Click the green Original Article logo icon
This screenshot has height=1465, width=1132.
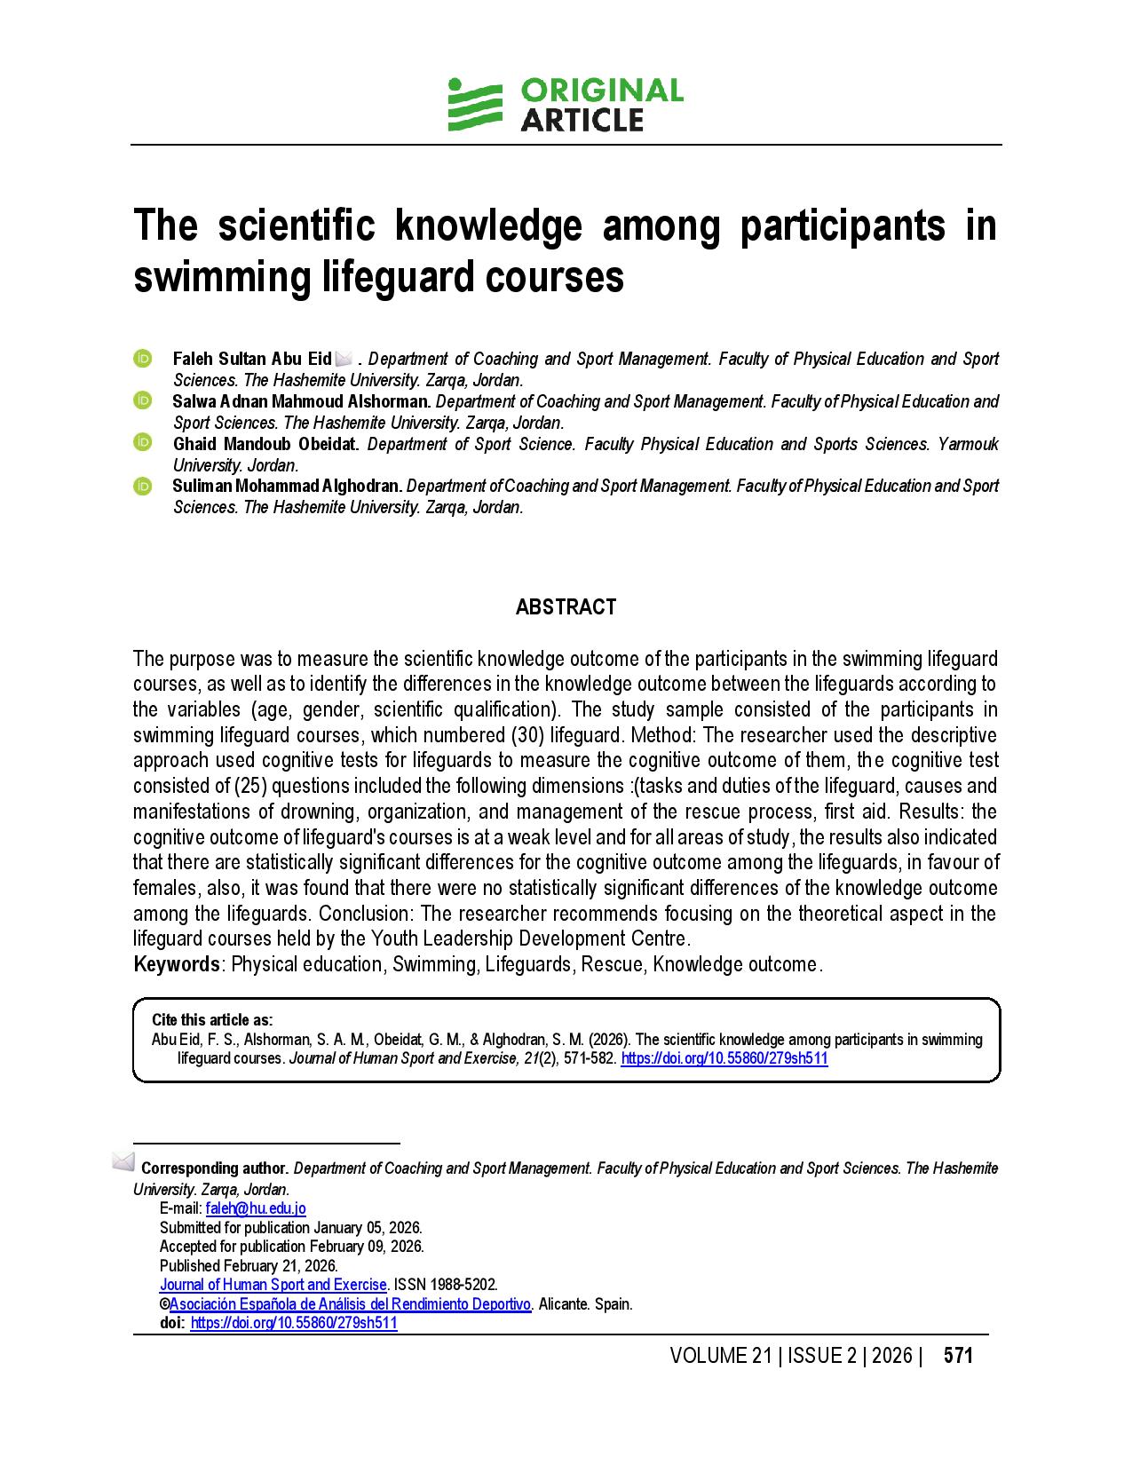click(x=475, y=106)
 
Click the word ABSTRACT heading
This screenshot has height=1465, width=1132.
click(x=566, y=607)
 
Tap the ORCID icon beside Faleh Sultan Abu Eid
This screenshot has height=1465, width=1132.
click(x=143, y=359)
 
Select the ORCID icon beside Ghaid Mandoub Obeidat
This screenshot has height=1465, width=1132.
click(x=143, y=442)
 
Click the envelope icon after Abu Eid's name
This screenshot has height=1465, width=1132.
click(x=344, y=359)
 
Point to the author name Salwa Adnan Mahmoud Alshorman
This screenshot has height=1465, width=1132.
click(x=301, y=401)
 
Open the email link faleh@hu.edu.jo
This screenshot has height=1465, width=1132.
click(x=256, y=1208)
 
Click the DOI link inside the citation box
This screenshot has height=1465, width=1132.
click(x=724, y=1058)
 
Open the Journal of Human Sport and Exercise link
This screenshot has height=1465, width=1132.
click(x=273, y=1285)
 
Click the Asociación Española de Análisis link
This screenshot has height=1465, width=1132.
click(x=350, y=1304)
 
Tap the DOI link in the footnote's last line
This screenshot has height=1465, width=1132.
click(x=294, y=1323)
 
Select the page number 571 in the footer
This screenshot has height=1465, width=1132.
click(x=958, y=1356)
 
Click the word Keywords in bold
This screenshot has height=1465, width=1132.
click(x=177, y=964)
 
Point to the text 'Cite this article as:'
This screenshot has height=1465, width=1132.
click(x=212, y=1020)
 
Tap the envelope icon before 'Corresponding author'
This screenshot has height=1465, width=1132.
click(x=123, y=1162)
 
